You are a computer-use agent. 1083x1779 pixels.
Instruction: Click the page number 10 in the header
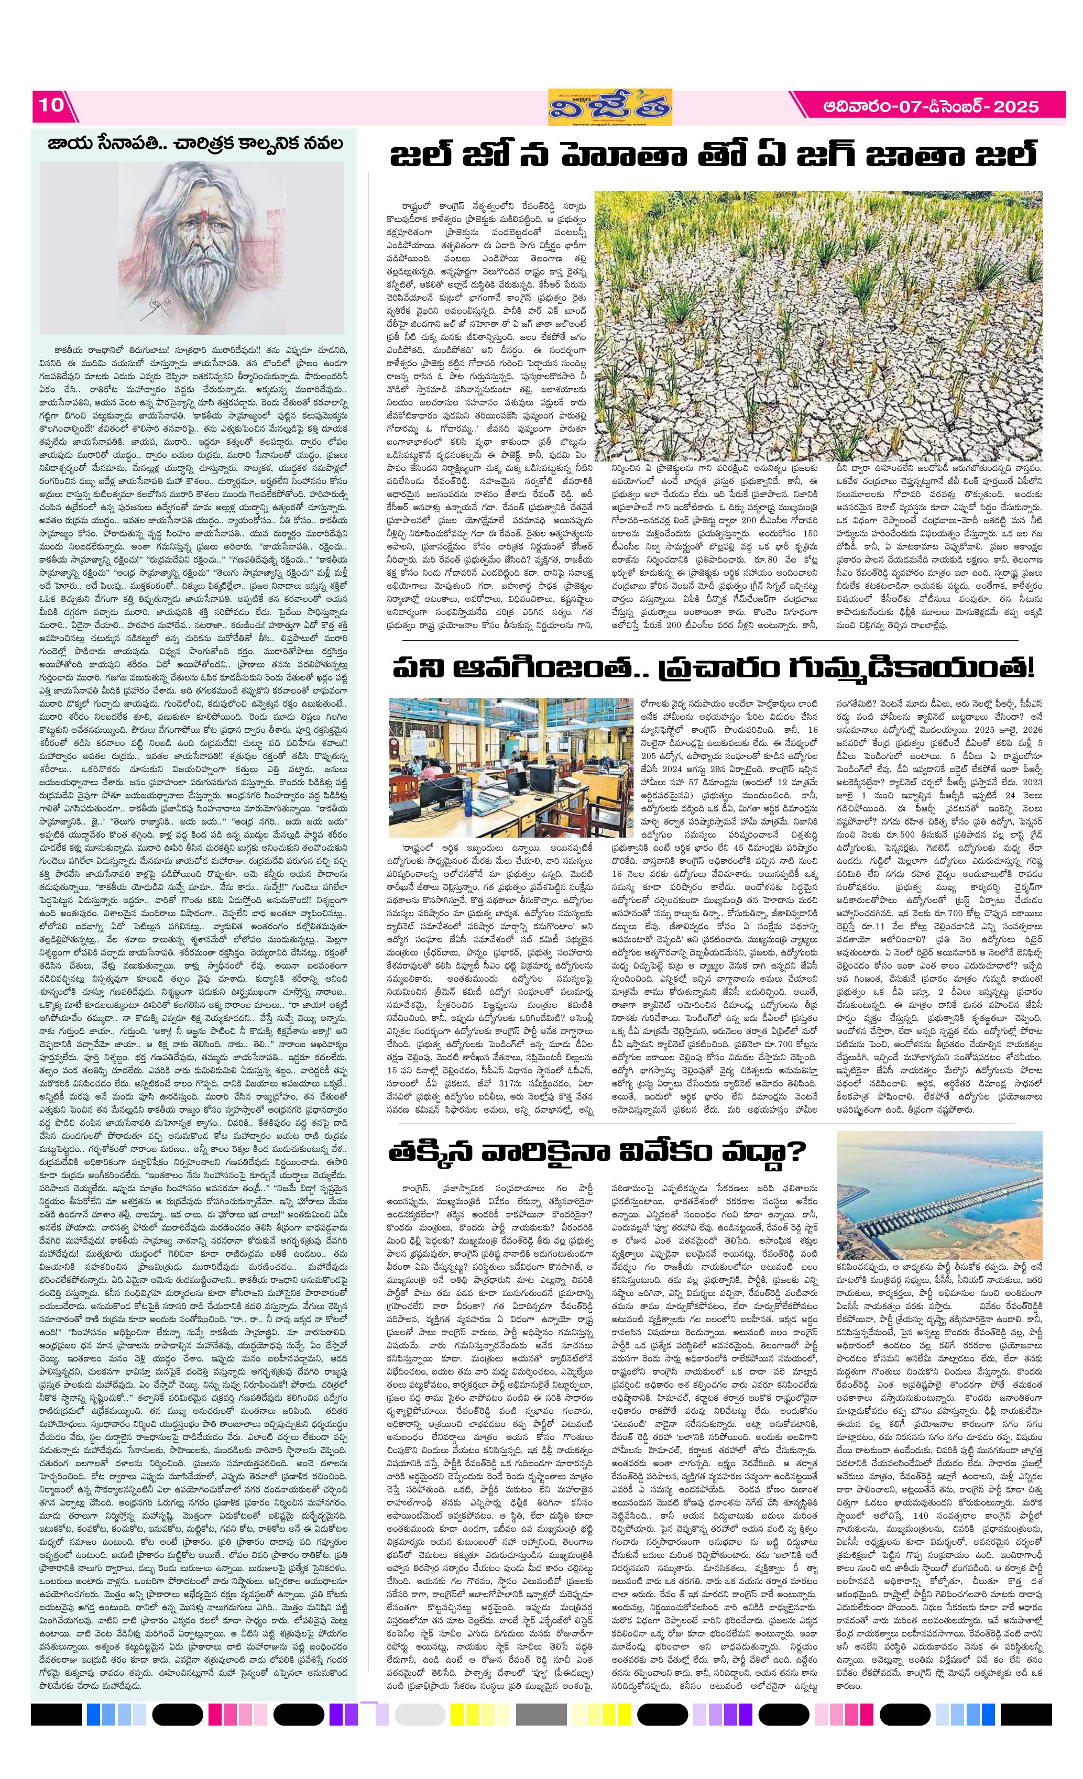51,105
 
